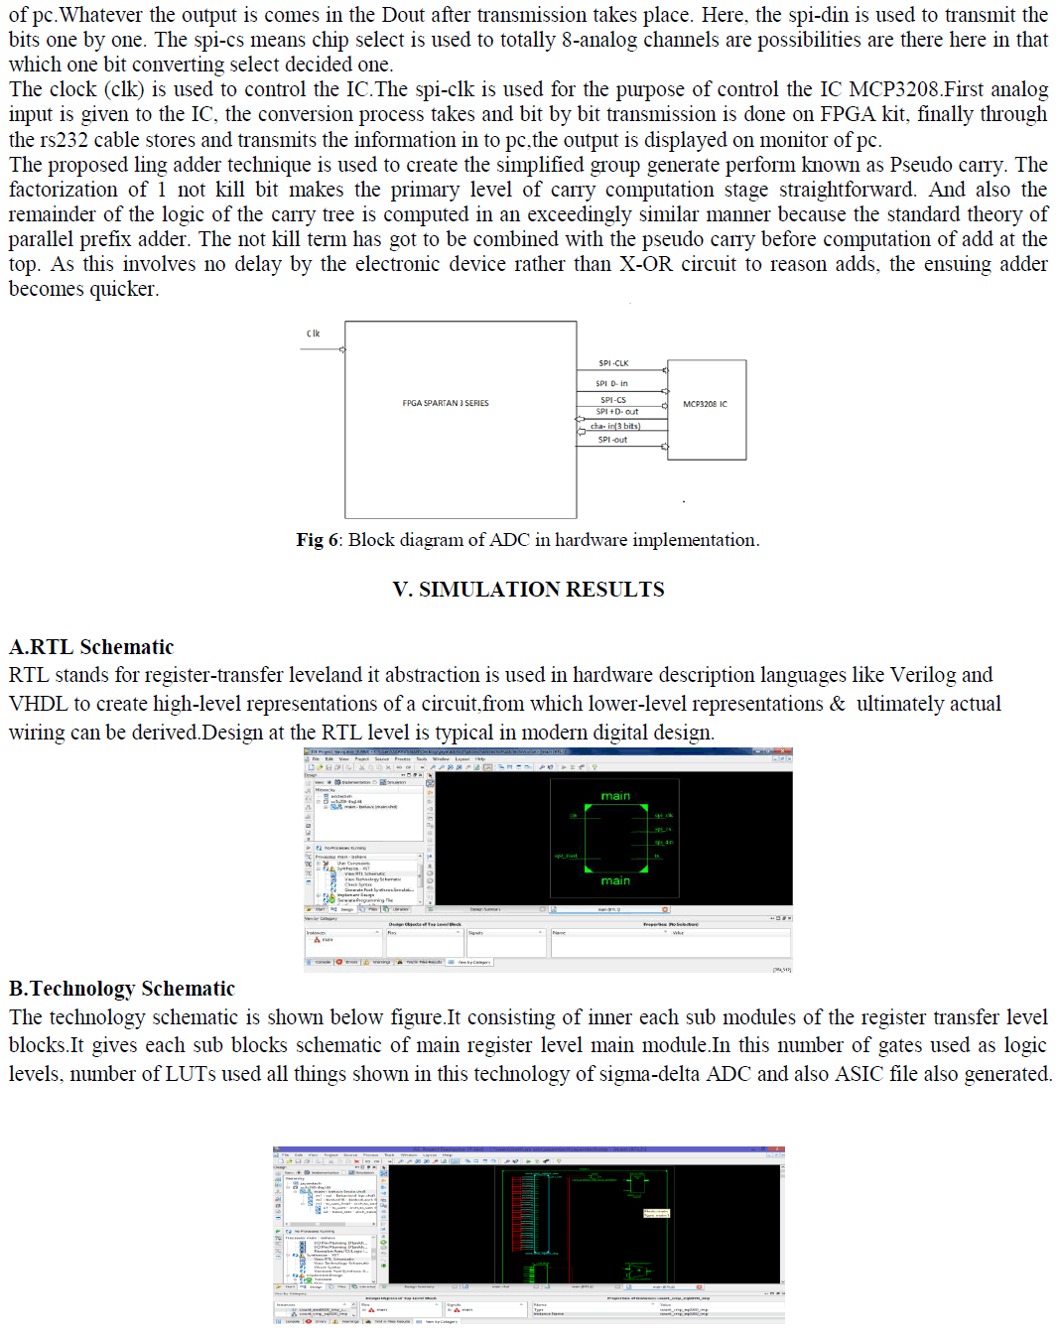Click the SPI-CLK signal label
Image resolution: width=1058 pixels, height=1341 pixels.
pyautogui.click(x=613, y=363)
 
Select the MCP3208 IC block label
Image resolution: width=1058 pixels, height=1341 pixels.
pyautogui.click(x=705, y=404)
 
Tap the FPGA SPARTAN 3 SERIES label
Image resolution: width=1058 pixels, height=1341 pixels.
pyautogui.click(x=445, y=403)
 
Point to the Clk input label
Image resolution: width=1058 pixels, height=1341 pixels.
pyautogui.click(x=313, y=334)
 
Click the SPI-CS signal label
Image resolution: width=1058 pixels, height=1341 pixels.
pyautogui.click(x=612, y=400)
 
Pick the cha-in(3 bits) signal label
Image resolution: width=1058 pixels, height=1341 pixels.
pyautogui.click(x=615, y=426)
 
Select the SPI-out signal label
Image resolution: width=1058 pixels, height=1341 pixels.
pyautogui.click(x=612, y=440)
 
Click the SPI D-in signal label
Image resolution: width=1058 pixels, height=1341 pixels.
pyautogui.click(x=611, y=383)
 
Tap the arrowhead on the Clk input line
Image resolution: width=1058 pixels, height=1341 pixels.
pyautogui.click(x=342, y=349)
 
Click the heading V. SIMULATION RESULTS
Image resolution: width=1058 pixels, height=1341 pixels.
pyautogui.click(x=528, y=590)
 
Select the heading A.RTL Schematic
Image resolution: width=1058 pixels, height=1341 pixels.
pyautogui.click(x=91, y=647)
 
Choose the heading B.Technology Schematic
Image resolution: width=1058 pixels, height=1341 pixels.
pyautogui.click(x=122, y=989)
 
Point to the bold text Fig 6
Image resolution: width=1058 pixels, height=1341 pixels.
pyautogui.click(x=318, y=540)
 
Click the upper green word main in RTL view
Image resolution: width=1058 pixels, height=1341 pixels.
pyautogui.click(x=615, y=796)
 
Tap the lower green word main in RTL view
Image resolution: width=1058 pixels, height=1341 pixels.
pyautogui.click(x=615, y=880)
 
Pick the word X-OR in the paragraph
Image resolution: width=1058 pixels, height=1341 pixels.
pyautogui.click(x=646, y=264)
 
